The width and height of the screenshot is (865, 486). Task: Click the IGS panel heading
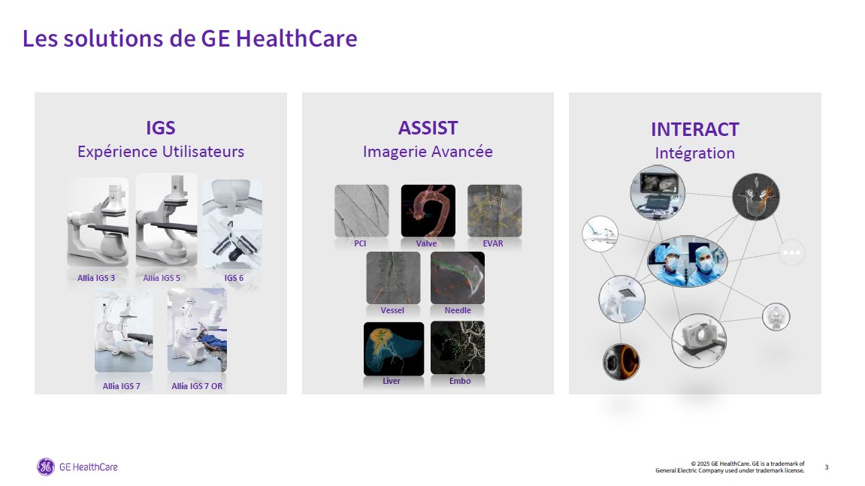pyautogui.click(x=161, y=128)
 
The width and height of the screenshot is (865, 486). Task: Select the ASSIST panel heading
pyautogui.click(x=428, y=128)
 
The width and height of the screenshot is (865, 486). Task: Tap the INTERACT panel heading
pyautogui.click(x=695, y=130)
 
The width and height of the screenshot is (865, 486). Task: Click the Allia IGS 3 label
pyautogui.click(x=96, y=278)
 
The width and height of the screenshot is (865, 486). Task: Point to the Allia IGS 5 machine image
pyautogui.click(x=167, y=220)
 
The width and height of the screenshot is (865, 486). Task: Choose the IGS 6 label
pyautogui.click(x=234, y=278)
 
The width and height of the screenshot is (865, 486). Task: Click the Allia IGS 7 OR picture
pyautogui.click(x=197, y=331)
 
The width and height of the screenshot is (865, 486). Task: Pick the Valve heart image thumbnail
pyautogui.click(x=428, y=211)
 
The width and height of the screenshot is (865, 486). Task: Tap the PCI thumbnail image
pyautogui.click(x=361, y=211)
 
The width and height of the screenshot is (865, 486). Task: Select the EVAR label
pyautogui.click(x=493, y=243)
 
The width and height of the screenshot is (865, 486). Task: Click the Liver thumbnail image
pyautogui.click(x=394, y=349)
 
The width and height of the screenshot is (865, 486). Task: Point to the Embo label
pyautogui.click(x=460, y=381)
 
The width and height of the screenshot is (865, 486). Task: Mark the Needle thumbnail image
pyautogui.click(x=458, y=278)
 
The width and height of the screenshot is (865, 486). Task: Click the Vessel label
pyautogui.click(x=392, y=310)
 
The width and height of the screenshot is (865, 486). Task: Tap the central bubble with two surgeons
pyautogui.click(x=688, y=261)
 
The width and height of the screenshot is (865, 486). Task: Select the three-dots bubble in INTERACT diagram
pyautogui.click(x=791, y=252)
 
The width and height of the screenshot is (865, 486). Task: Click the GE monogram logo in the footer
pyautogui.click(x=46, y=466)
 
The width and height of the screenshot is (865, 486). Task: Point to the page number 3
pyautogui.click(x=827, y=467)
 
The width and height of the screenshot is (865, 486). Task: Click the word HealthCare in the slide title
pyautogui.click(x=296, y=38)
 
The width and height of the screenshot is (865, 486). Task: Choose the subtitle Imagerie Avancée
pyautogui.click(x=428, y=152)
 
